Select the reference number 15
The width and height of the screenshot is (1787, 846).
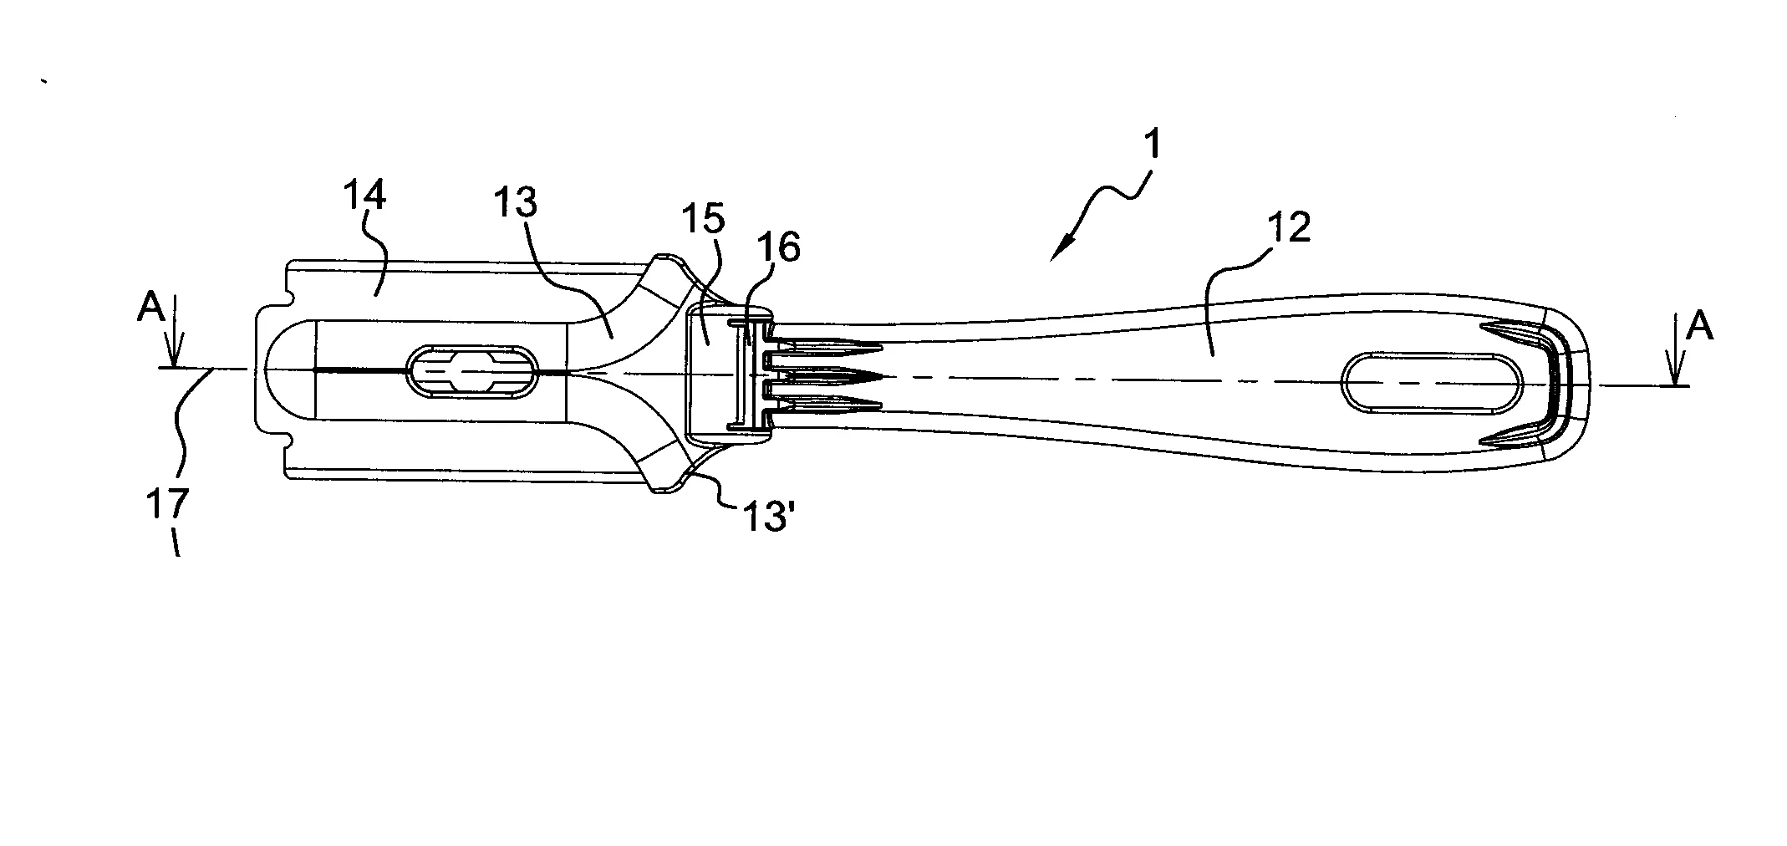click(x=702, y=220)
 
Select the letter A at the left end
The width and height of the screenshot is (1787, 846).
click(x=150, y=310)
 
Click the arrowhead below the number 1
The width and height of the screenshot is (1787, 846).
click(x=1062, y=248)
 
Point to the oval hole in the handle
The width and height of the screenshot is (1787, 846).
click(x=1432, y=384)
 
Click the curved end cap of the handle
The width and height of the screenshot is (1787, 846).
click(x=1556, y=383)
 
